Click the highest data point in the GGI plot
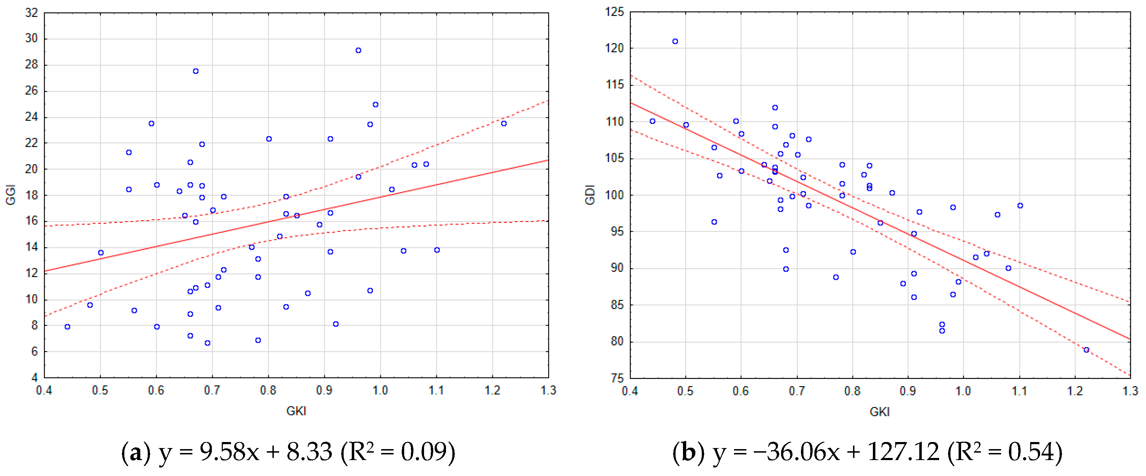pyautogui.click(x=358, y=51)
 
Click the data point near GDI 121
pyautogui.click(x=675, y=42)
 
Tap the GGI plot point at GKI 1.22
pyautogui.click(x=504, y=124)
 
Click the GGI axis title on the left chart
pyautogui.click(x=11, y=195)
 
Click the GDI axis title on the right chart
pyautogui.click(x=590, y=195)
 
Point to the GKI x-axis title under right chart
pyautogui.click(x=879, y=412)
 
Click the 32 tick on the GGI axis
pyautogui.click(x=32, y=13)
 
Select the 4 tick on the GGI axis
pyautogui.click(x=34, y=378)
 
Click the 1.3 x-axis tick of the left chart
pyautogui.click(x=548, y=391)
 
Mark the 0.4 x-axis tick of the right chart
pyautogui.click(x=630, y=391)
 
